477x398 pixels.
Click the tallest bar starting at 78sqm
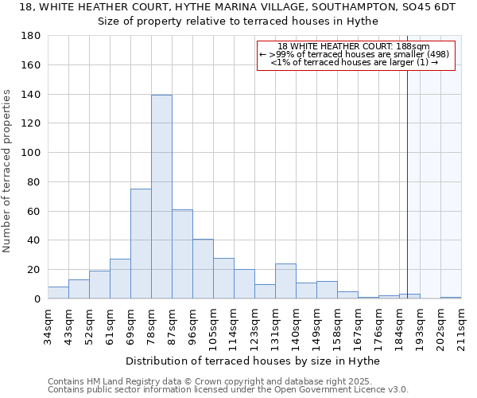coord(161,197)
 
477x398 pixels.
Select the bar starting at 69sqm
coord(141,244)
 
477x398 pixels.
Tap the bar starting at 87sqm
coord(182,254)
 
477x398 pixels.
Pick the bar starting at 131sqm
coord(285,281)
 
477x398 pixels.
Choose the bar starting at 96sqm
coord(203,269)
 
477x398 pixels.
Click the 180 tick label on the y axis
coord(32,36)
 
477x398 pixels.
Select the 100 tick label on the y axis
coord(32,153)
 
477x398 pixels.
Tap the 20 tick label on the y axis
coord(35,270)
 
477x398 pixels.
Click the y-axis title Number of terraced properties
coord(8,171)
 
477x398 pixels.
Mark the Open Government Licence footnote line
coord(227,390)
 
